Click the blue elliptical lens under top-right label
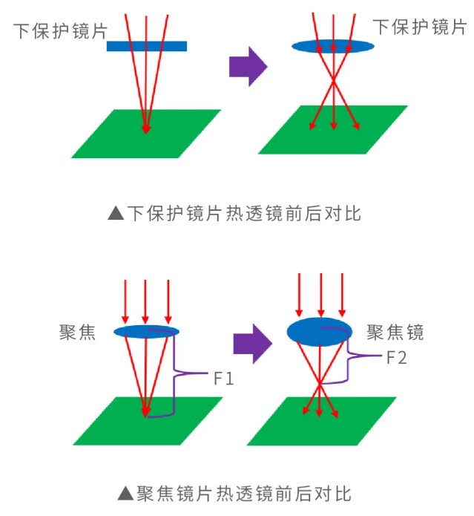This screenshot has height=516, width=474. [332, 46]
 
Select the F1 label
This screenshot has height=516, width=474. [223, 379]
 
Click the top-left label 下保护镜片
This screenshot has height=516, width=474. [59, 31]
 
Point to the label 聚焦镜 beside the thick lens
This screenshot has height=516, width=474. [395, 332]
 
